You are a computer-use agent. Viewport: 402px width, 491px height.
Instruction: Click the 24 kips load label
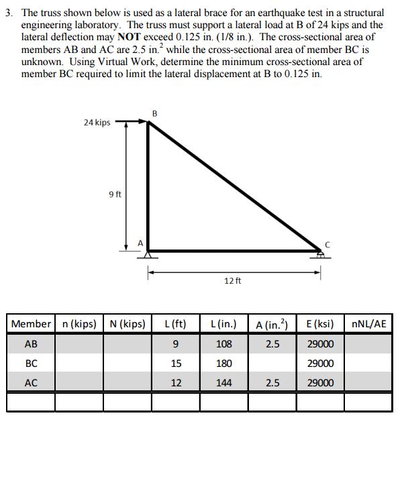click(x=97, y=123)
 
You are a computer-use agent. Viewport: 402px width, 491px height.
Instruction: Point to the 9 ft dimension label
click(x=115, y=195)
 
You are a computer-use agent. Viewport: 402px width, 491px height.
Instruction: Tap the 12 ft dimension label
click(x=233, y=280)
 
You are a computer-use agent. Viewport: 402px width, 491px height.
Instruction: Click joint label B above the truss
click(x=154, y=113)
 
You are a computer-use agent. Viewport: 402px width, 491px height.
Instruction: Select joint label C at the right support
click(x=328, y=243)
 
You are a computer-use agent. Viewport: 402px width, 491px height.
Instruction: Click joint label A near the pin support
click(x=140, y=242)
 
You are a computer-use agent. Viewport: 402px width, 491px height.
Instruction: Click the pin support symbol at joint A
click(x=148, y=255)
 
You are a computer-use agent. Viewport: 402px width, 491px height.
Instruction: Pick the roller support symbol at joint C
click(x=321, y=255)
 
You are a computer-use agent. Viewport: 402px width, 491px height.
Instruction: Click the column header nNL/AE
click(x=368, y=325)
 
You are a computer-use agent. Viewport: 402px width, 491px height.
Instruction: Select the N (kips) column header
click(x=127, y=325)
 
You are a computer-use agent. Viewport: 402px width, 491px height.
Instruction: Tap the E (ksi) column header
click(x=320, y=325)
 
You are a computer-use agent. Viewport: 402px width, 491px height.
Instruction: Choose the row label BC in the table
click(x=31, y=364)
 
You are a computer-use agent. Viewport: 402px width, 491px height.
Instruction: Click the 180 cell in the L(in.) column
click(x=224, y=364)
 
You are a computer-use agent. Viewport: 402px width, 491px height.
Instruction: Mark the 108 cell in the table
click(x=224, y=344)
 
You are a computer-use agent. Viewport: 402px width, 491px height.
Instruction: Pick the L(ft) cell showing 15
click(x=175, y=364)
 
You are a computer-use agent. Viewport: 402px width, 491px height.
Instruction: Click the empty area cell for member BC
click(x=272, y=364)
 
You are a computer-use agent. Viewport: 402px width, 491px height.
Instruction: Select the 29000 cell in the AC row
click(x=320, y=383)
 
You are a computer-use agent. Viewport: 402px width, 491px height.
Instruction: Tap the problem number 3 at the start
click(x=8, y=13)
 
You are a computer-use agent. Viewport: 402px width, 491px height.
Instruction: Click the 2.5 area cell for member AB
click(x=272, y=344)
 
